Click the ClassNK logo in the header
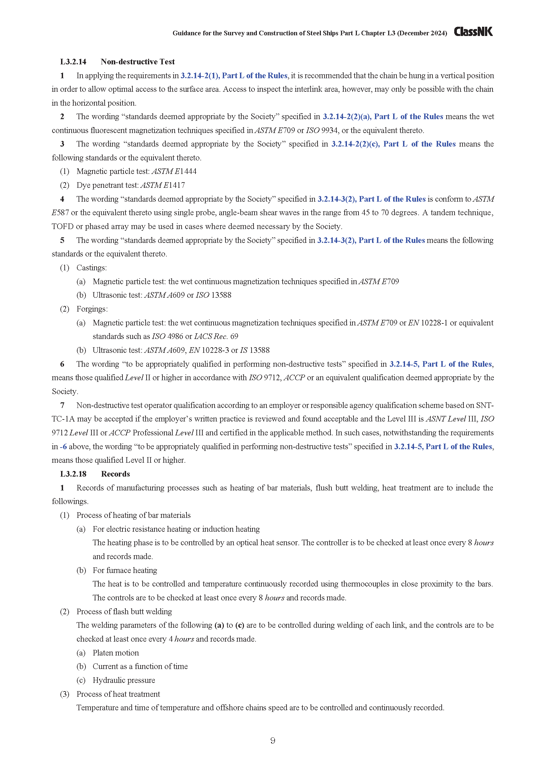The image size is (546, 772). coord(473,32)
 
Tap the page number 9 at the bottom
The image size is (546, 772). coord(273,740)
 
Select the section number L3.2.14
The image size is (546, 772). coord(73,61)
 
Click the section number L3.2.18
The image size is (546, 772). coord(73,474)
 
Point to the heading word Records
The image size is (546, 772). coord(115,474)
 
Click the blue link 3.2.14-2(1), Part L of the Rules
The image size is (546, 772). coord(234,76)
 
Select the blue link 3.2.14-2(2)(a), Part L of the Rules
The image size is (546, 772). coord(383,117)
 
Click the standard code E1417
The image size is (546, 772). coord(174,185)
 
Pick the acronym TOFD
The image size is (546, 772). coord(62,227)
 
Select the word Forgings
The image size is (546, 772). coord(92,309)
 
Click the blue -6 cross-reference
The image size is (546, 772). coord(63,447)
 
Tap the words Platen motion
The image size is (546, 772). coord(116,653)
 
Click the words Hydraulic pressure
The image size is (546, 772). coord(124,680)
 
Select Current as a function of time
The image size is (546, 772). coord(140,666)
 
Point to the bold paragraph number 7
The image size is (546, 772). coord(62,405)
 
